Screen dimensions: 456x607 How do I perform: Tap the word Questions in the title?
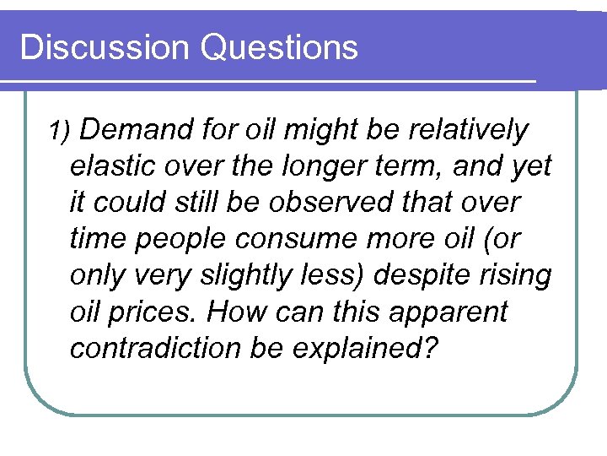point(279,47)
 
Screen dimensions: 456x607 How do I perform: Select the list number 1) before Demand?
point(62,131)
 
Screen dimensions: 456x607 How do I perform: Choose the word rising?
point(518,276)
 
